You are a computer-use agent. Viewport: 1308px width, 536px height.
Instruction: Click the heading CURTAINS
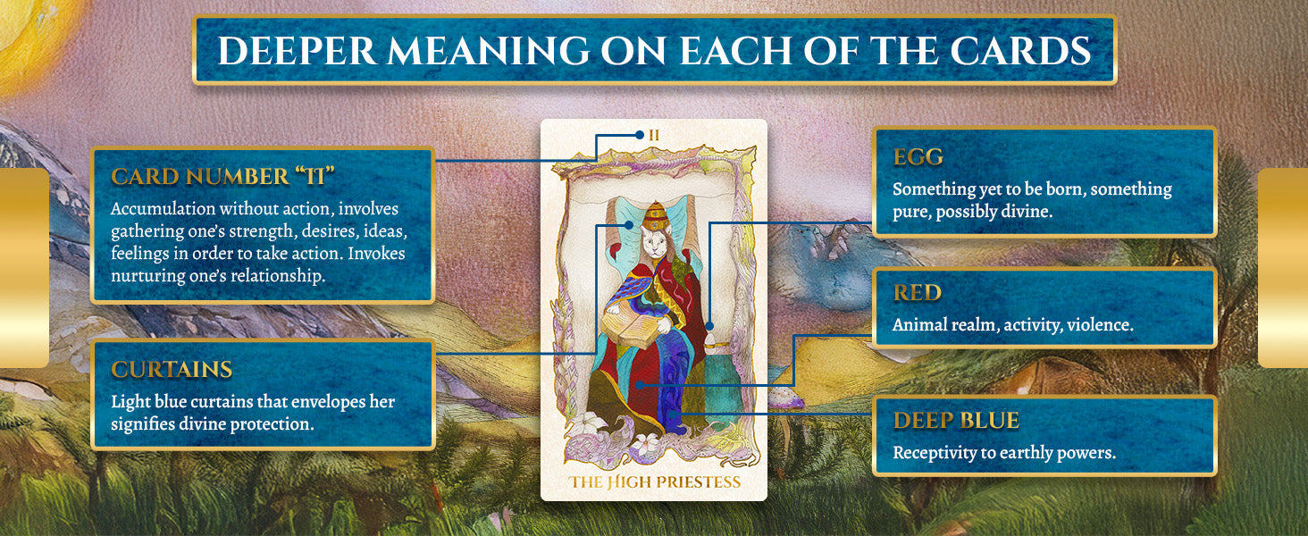(x=172, y=370)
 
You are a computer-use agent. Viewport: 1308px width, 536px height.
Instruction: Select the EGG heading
(x=918, y=157)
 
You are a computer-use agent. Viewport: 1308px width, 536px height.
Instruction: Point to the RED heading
(x=917, y=292)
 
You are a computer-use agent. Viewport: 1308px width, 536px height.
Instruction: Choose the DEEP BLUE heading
(x=956, y=421)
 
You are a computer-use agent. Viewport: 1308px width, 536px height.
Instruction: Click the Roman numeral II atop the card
(x=654, y=136)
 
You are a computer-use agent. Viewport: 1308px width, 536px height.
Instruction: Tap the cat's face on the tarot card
(x=655, y=240)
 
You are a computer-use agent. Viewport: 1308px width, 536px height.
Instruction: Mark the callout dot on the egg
(x=708, y=326)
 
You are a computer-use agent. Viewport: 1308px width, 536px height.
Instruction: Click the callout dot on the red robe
(x=640, y=385)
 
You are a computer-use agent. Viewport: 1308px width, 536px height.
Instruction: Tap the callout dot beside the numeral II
(x=640, y=135)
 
